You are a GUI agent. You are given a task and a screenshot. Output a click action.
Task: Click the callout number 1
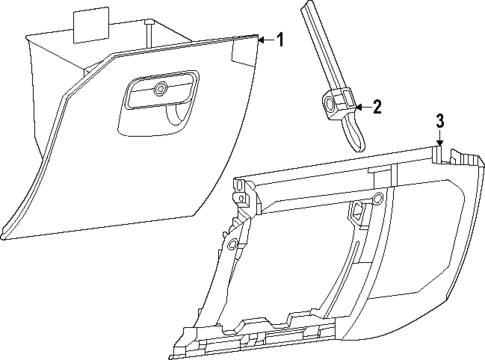(280, 40)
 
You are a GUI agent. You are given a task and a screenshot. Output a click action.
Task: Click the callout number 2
(376, 105)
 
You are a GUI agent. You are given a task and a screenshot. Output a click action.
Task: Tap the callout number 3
(439, 122)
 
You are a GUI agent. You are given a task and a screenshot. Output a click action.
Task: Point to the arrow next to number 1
(264, 40)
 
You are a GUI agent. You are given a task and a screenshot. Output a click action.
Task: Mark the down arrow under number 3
(439, 140)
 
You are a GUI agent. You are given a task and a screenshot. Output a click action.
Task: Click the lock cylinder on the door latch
(160, 90)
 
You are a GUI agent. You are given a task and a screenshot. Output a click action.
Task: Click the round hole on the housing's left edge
(231, 243)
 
